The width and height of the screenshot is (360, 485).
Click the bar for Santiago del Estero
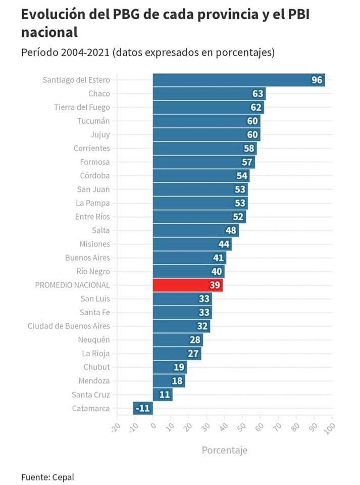[238, 80]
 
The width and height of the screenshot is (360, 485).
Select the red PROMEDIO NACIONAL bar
[187, 285]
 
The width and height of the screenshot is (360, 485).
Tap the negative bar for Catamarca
[143, 408]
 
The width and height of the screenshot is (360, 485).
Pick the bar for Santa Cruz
[163, 395]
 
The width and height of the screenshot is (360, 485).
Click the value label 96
[317, 80]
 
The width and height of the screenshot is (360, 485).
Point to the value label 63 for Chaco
[258, 93]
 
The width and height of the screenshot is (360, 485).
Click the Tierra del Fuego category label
[82, 107]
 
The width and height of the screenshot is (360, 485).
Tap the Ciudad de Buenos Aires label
[69, 326]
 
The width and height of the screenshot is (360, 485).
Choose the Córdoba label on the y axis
[94, 176]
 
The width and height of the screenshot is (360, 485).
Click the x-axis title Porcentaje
[225, 450]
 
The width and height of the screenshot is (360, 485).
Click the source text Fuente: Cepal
[44, 477]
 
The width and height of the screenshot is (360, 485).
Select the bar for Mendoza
[169, 381]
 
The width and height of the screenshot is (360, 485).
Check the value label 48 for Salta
[231, 230]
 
